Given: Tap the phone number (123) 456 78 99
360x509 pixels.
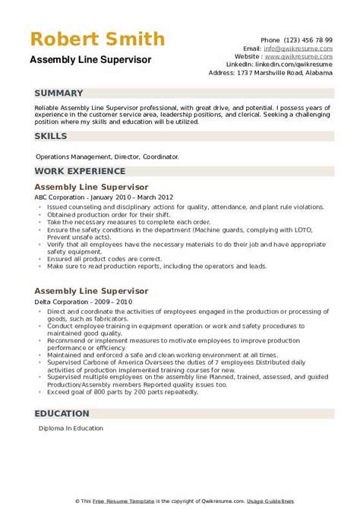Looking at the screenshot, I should tap(307, 39).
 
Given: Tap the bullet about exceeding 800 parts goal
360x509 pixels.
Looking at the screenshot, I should tap(128, 393).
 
